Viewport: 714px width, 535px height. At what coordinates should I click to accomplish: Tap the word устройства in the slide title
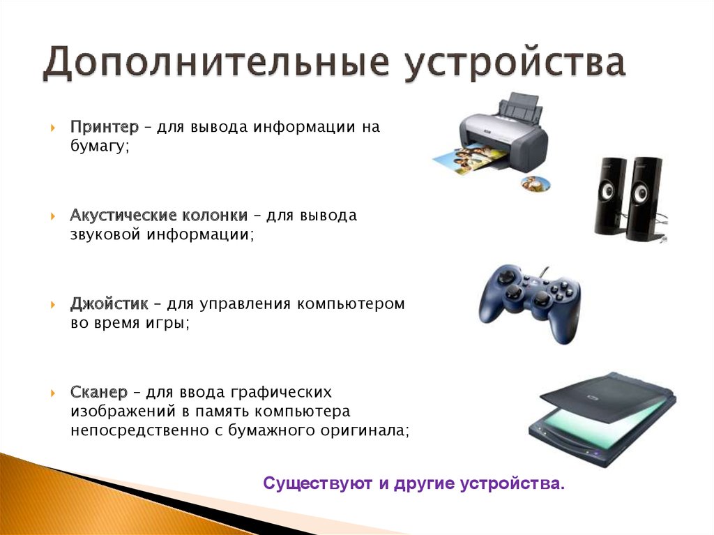[x=515, y=64]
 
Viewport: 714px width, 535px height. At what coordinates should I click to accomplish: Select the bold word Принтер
[x=105, y=127]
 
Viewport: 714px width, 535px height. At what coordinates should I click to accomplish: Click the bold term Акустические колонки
[x=159, y=215]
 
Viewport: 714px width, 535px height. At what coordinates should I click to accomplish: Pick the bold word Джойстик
[x=109, y=303]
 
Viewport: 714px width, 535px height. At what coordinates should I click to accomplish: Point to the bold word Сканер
[x=99, y=392]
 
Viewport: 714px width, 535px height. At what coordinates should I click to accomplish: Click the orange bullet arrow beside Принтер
[x=53, y=127]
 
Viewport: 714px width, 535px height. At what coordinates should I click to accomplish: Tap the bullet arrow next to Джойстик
[x=53, y=304]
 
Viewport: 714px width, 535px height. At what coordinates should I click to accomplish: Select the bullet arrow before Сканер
[x=53, y=393]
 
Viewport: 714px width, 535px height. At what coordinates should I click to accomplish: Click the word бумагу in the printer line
[x=100, y=146]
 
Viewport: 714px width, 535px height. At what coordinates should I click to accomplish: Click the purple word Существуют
[x=318, y=483]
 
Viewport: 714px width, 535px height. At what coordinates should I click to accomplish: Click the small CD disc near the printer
[x=535, y=183]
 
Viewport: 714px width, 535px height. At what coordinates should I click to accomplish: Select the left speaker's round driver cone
[x=608, y=191]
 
